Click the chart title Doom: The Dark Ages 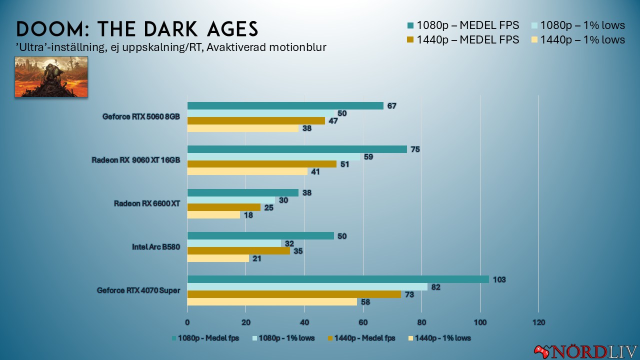pos(137,29)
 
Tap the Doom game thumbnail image pos(51,76)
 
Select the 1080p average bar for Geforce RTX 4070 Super pos(338,279)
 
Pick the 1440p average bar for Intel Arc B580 pos(238,251)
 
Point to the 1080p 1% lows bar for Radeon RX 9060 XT pos(273,157)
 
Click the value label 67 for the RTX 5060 pos(391,106)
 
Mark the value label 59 pos(367,157)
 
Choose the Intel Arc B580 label pos(155,247)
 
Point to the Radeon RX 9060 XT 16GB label pos(135,160)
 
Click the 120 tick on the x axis pos(538,322)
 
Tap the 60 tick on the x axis pos(363,322)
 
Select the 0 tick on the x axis pos(187,322)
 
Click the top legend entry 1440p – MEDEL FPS pos(468,39)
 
